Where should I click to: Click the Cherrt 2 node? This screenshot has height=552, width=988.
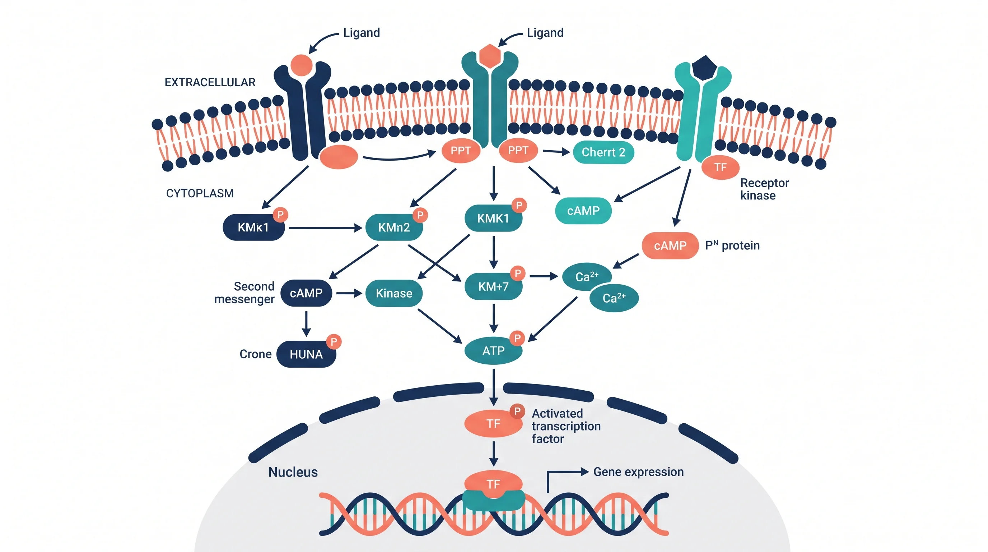pos(603,152)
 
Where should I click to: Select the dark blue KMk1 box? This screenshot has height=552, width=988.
pos(253,227)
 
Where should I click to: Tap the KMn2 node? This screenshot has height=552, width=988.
pos(394,227)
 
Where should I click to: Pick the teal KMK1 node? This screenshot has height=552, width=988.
pos(493,218)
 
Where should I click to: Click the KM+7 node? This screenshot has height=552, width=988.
pos(493,286)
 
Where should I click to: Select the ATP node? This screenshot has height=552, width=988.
pos(493,350)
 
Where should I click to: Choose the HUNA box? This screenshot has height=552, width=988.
pos(306,354)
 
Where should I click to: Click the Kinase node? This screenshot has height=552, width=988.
pos(394,293)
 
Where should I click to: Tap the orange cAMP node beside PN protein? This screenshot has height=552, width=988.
pos(670,246)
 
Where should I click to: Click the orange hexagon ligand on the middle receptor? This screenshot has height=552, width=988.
pos(490,56)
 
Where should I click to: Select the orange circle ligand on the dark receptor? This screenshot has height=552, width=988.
pos(302,65)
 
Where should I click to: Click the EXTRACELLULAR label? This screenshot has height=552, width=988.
pos(210,82)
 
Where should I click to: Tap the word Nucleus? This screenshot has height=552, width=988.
pos(293,472)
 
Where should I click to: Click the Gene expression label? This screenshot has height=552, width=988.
pos(638,472)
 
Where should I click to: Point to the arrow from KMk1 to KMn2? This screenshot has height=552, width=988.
pos(325,228)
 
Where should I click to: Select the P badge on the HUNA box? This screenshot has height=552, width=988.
pos(334,341)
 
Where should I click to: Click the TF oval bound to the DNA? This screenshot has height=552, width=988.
pos(493,484)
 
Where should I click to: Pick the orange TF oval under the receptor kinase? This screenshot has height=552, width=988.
pos(720,167)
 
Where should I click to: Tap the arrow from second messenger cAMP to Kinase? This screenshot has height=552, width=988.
pos(349,293)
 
